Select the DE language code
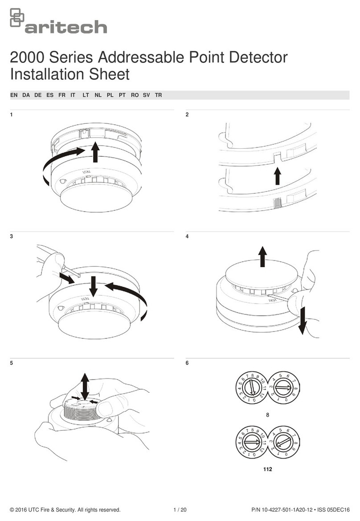pyautogui.click(x=38, y=96)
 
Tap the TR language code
pyautogui.click(x=158, y=96)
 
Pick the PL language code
pyautogui.click(x=110, y=96)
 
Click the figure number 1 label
pyautogui.click(x=11, y=115)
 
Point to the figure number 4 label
pyautogui.click(x=187, y=236)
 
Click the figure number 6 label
pyautogui.click(x=187, y=363)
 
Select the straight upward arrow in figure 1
pyautogui.click(x=95, y=152)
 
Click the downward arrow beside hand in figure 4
pyautogui.click(x=303, y=321)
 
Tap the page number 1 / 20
pyautogui.click(x=180, y=510)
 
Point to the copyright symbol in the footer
pyautogui.click(x=12, y=510)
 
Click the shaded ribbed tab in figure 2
pyautogui.click(x=276, y=204)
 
